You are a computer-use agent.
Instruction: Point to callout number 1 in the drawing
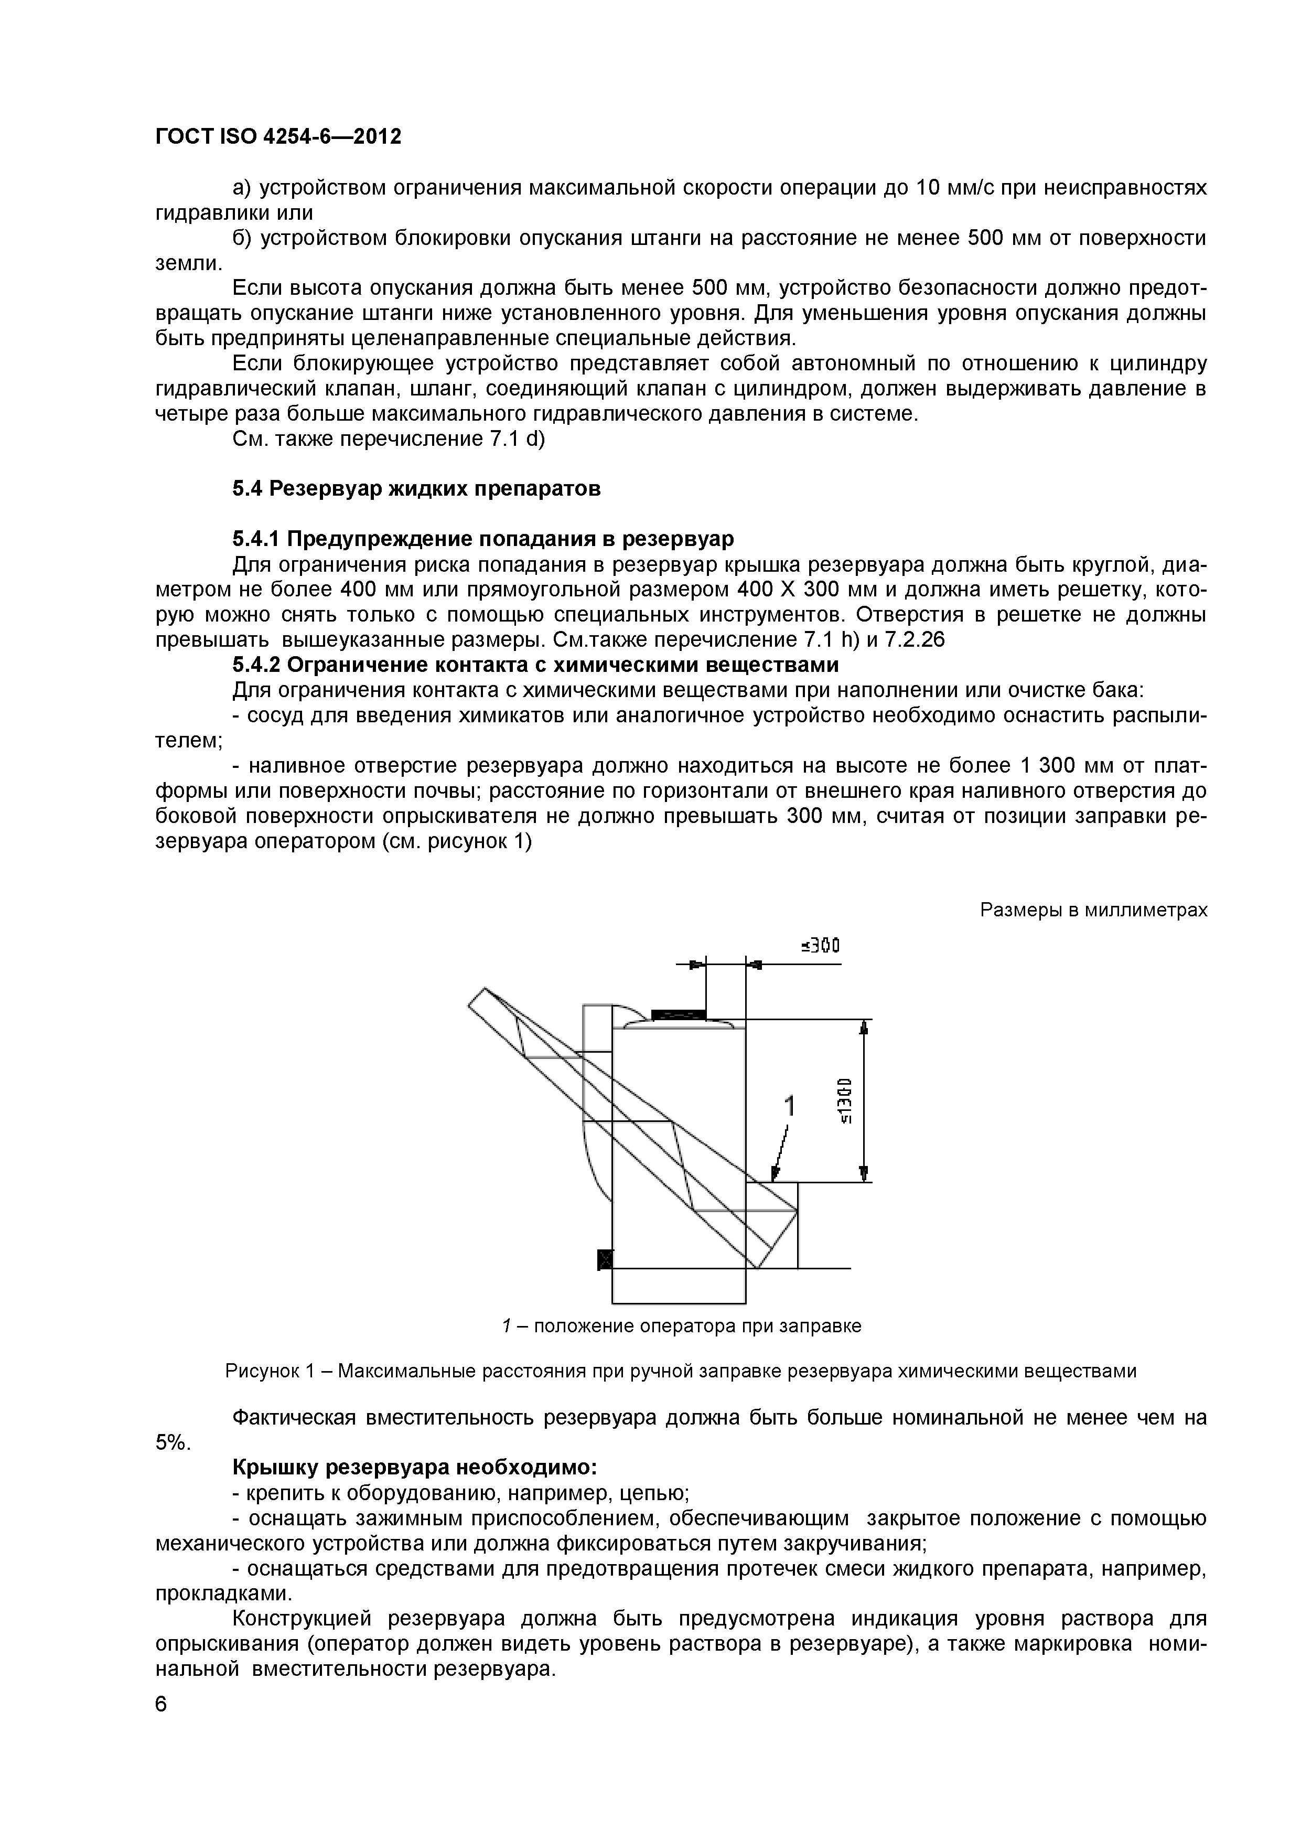[790, 1107]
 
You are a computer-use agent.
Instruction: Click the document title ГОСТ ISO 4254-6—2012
[277, 137]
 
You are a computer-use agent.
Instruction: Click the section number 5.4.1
[256, 538]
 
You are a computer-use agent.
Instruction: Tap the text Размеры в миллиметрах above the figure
[1093, 911]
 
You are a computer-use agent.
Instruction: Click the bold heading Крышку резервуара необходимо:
[414, 1468]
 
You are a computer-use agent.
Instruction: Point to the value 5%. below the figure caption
[171, 1442]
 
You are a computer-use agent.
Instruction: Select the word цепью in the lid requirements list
[660, 1493]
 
